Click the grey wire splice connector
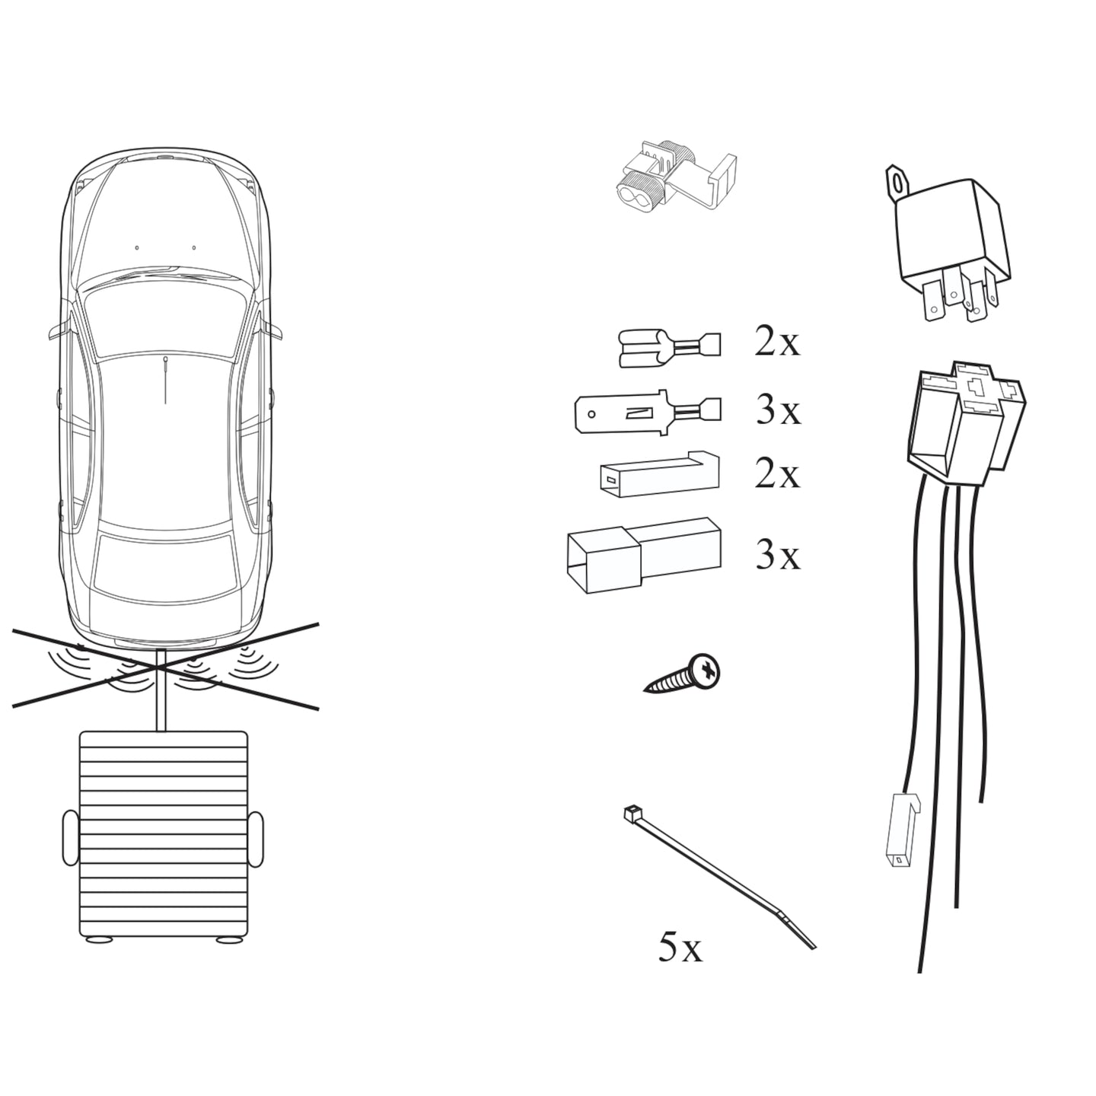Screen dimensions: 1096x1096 [674, 180]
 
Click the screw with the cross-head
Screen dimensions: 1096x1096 [685, 675]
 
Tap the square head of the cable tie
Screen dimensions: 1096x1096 [630, 814]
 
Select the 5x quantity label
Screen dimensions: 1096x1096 [680, 948]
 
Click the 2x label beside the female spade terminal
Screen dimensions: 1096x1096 [777, 342]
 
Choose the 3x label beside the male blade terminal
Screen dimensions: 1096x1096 [779, 411]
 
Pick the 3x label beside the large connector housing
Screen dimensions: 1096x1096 [778, 556]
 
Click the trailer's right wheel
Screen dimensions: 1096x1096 [256, 840]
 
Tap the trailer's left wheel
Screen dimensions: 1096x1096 [69, 840]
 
